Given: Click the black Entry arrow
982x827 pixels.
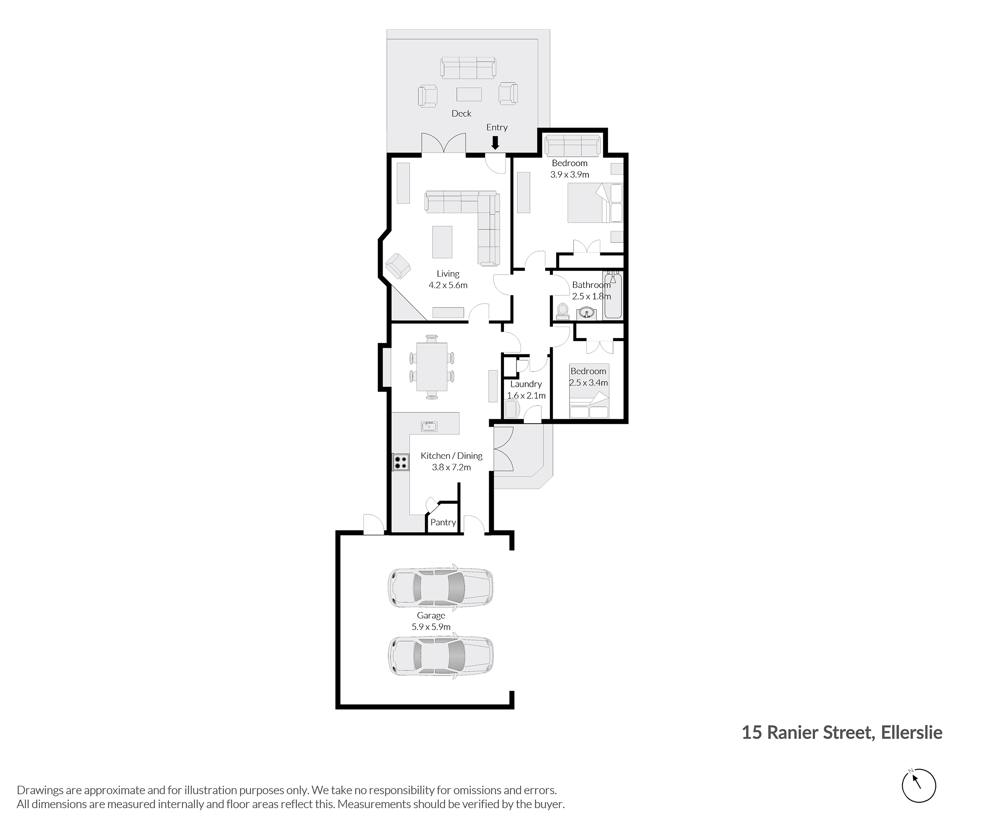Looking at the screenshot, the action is point(495,143).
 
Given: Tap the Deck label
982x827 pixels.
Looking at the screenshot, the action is point(461,114).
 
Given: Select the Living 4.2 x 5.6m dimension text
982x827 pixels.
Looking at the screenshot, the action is point(448,285).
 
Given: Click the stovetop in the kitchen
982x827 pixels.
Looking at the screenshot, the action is point(400,462).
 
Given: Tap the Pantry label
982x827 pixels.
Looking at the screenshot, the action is point(443,522).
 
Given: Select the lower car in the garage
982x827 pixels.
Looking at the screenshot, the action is point(441,655).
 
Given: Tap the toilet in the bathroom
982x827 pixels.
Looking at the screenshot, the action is point(562,310).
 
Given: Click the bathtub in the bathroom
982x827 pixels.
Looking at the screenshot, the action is point(613,296).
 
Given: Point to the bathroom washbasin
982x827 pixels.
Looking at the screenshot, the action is point(586,312).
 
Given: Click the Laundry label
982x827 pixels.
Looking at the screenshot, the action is point(526,384).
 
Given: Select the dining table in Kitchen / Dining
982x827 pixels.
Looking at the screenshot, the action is point(432,367).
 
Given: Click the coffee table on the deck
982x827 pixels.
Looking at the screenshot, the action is point(469,94).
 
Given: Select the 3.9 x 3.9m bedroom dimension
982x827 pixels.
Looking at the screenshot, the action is point(570,174).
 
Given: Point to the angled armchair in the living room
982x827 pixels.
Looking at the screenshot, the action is point(398,266).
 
